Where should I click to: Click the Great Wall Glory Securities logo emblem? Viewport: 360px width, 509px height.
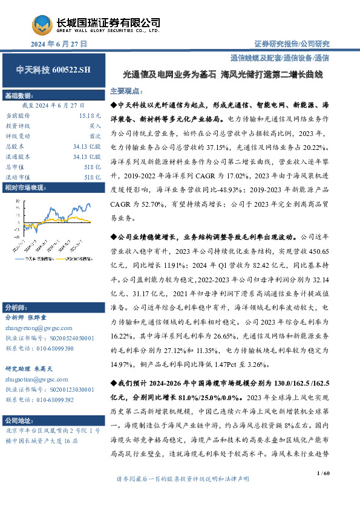click(42, 25)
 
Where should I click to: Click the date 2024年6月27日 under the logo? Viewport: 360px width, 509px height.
click(59, 44)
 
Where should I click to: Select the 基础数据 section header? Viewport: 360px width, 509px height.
click(18, 97)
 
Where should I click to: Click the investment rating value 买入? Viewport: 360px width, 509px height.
click(95, 125)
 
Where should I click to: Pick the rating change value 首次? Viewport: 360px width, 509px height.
click(95, 135)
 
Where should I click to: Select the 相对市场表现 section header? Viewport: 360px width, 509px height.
click(24, 188)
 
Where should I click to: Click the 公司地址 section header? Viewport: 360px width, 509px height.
click(18, 420)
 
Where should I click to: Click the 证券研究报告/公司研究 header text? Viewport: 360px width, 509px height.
click(290, 44)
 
